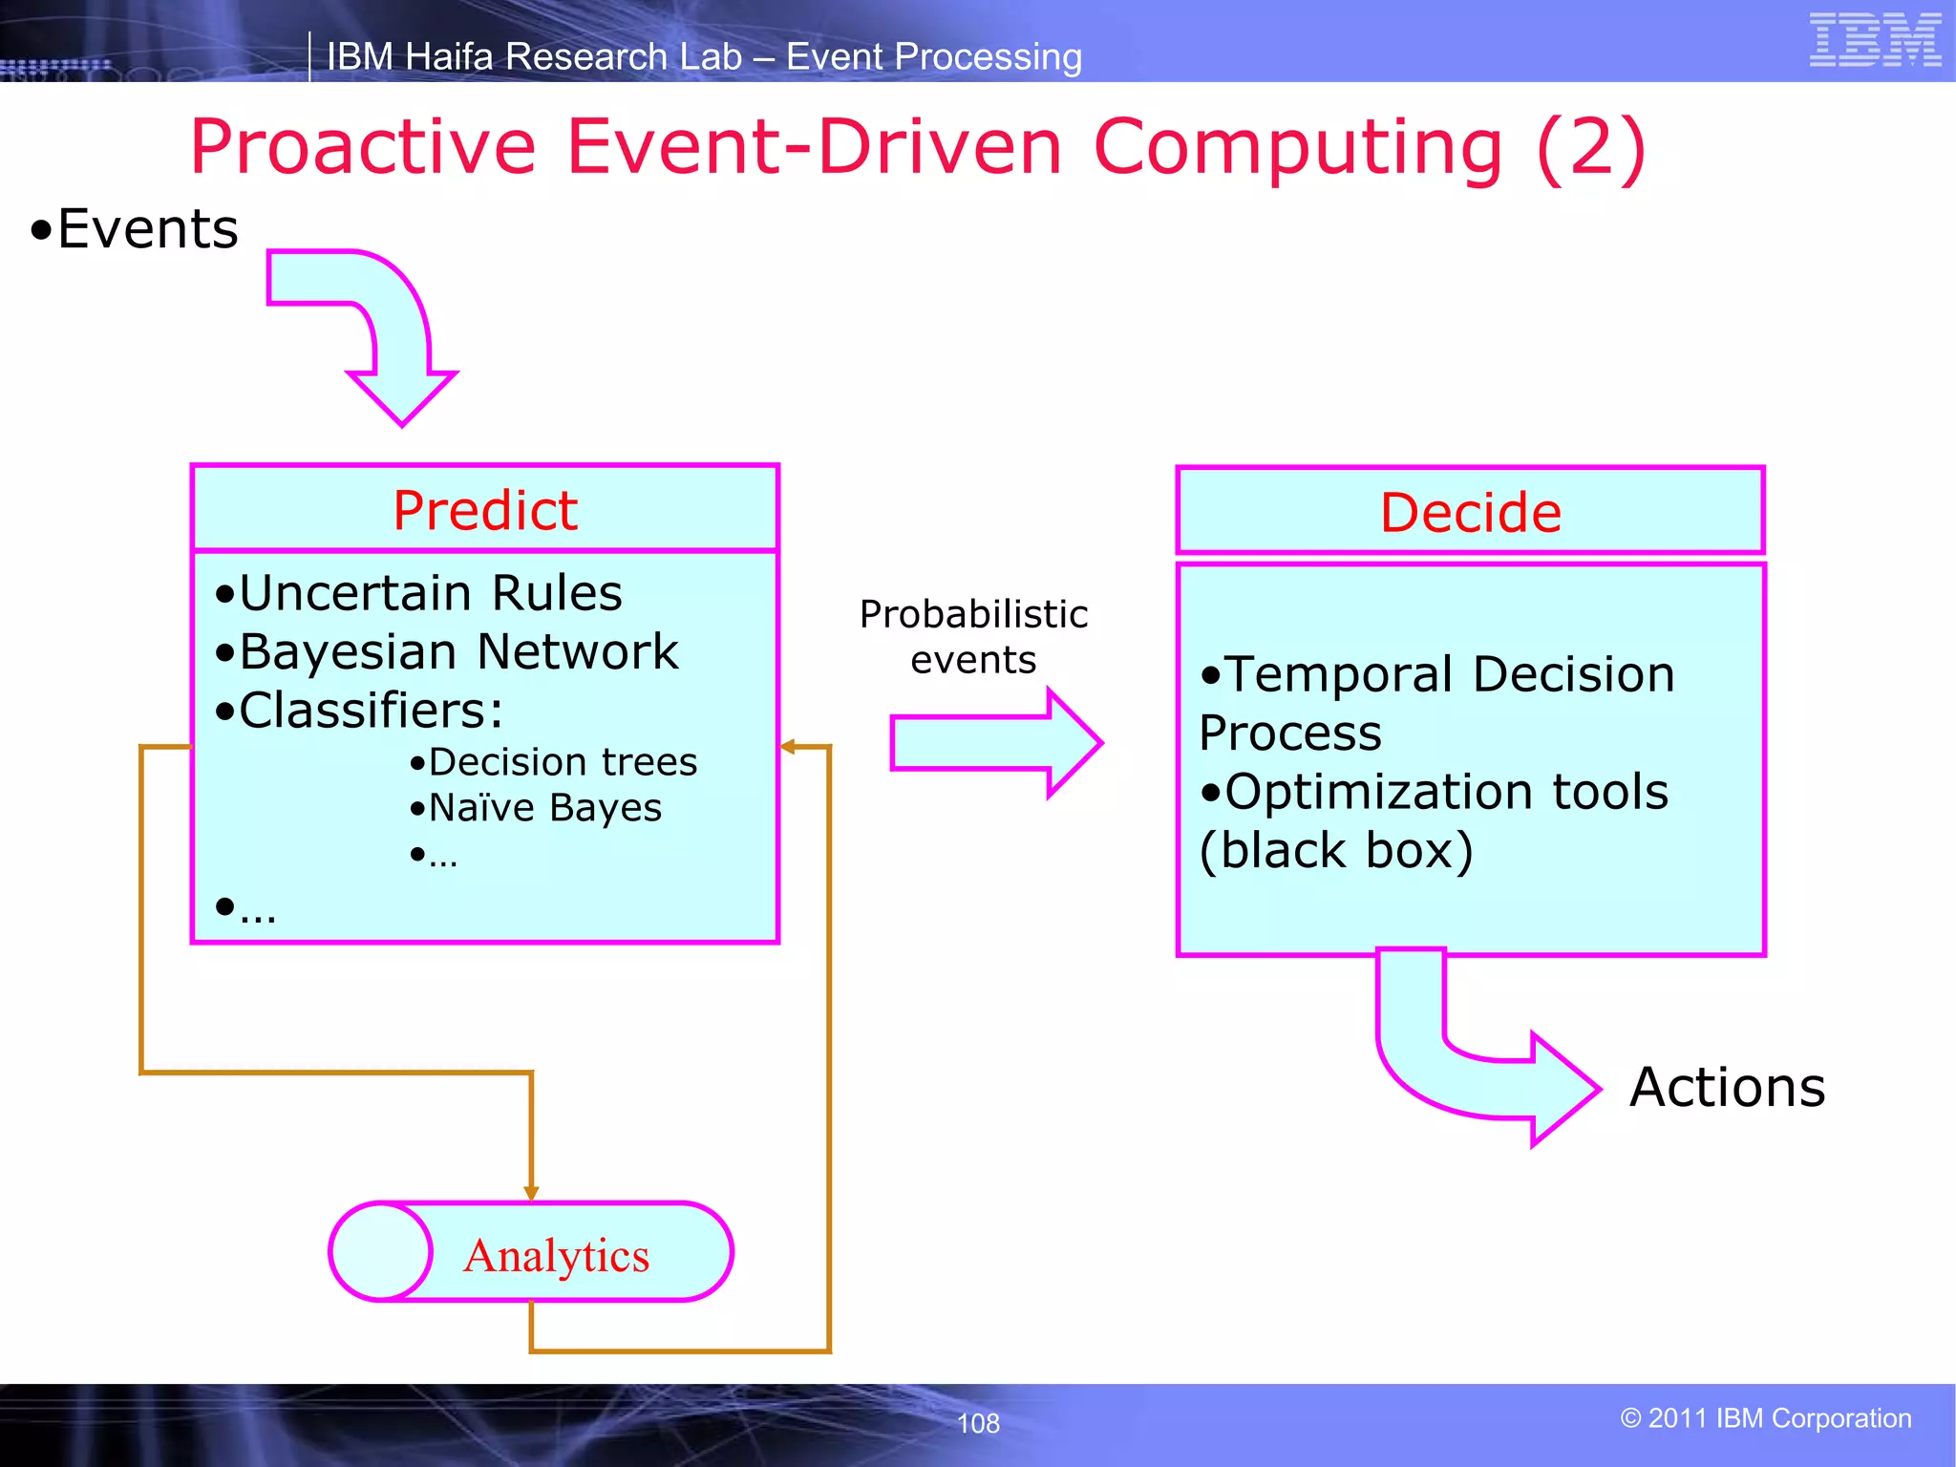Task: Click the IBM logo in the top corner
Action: [1874, 40]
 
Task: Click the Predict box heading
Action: [485, 510]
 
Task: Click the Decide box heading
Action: [1470, 513]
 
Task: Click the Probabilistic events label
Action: [973, 636]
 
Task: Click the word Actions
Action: [1727, 1088]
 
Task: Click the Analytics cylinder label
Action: [557, 1255]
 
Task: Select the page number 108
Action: [978, 1423]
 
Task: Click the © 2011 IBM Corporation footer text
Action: [1765, 1418]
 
